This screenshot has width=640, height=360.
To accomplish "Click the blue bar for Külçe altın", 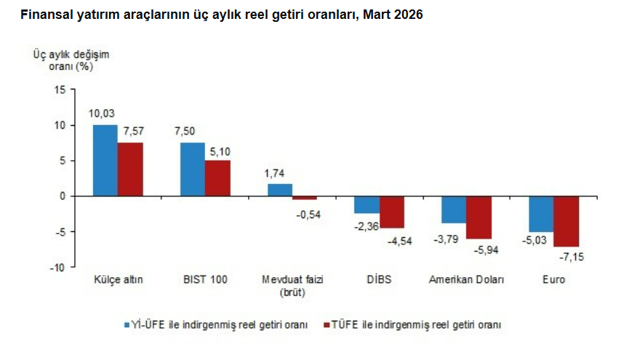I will [105, 160].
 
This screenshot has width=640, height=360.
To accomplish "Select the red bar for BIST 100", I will [217, 178].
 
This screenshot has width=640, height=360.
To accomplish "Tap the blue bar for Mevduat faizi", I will [280, 190].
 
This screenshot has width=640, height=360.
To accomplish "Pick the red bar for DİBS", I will [392, 212].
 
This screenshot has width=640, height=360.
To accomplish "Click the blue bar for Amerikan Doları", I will [454, 209].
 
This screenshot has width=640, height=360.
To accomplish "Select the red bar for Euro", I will [567, 222].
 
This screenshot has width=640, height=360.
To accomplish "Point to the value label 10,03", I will [102, 114].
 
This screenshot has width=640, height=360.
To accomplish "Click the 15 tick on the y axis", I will [60, 89].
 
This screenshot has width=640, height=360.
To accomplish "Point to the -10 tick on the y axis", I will [57, 268].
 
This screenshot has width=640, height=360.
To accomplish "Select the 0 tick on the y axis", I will [63, 196].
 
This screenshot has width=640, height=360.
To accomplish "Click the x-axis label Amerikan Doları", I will [466, 280].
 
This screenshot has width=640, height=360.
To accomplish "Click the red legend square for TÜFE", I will [325, 324].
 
